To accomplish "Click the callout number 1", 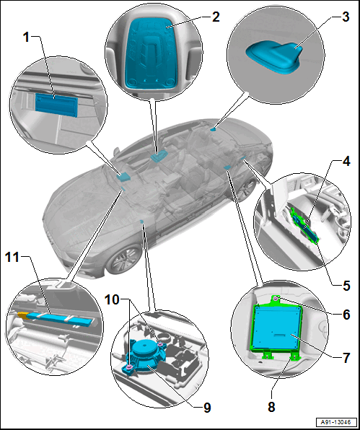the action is click(26, 38).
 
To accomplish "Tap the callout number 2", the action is click(216, 17).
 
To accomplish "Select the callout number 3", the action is click(346, 17).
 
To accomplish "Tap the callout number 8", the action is click(271, 407).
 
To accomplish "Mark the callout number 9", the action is click(207, 408).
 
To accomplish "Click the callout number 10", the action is click(112, 300).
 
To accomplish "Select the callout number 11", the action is click(12, 258).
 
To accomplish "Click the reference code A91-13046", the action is click(337, 422).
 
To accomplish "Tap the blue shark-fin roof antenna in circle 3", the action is click(274, 58).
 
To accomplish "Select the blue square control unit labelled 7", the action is click(278, 328).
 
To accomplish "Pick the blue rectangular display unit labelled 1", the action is click(56, 105).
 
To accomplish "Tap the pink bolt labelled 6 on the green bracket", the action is click(276, 298).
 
